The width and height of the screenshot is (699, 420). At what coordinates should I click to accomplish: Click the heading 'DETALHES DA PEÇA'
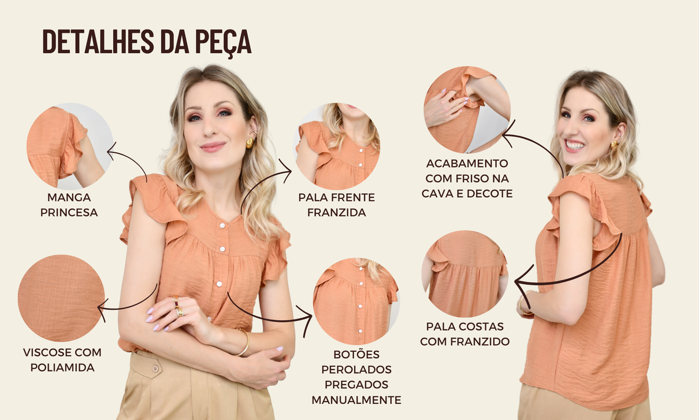pos(147,41)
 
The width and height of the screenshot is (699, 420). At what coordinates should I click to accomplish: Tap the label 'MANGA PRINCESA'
pos(69,205)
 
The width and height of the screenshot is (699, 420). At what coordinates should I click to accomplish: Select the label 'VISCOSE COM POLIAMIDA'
pos(62,360)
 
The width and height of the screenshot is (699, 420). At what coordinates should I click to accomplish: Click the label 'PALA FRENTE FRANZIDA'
pos(337,205)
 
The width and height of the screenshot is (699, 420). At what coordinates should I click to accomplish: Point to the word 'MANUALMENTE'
pos(356,400)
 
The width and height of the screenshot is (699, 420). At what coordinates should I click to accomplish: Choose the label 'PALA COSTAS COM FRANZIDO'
pos(465,334)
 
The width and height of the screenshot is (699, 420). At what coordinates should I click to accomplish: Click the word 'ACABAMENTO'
pos(467,164)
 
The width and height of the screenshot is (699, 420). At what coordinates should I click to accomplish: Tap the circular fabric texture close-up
pos(61,298)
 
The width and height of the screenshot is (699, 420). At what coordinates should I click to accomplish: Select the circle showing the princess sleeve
pos(70,146)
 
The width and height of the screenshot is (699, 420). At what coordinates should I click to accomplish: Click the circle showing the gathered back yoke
pos(464,274)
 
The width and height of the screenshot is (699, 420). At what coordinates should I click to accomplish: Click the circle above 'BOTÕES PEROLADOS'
pos(356,301)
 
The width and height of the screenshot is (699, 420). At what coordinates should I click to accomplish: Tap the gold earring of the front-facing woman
pos(251,142)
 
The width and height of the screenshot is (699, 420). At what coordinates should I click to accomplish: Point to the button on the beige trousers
pos(154,369)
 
